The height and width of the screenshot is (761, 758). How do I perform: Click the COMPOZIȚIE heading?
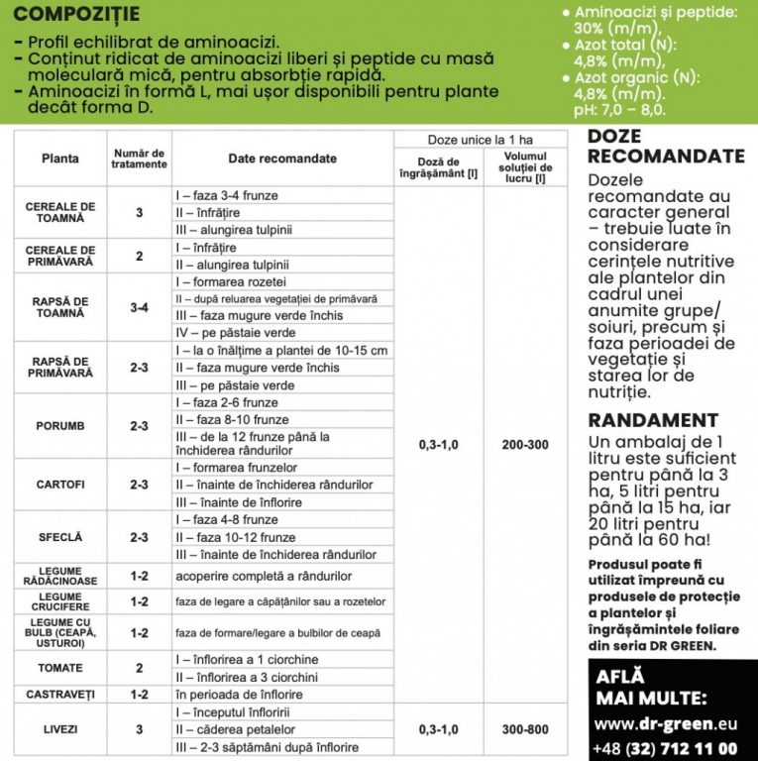click(78, 15)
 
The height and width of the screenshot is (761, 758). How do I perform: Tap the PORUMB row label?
click(59, 426)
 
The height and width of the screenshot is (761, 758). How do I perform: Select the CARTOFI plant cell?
click(59, 485)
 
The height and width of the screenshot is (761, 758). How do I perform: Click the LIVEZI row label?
click(59, 729)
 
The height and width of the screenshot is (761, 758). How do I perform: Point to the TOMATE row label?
click(59, 668)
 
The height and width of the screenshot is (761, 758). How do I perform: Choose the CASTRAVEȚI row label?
click(59, 694)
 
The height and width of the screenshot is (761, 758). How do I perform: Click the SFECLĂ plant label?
click(59, 537)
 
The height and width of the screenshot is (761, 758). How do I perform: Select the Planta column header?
click(60, 159)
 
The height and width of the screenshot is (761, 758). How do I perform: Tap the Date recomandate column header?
click(282, 159)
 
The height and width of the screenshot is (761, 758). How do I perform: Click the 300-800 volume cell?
click(524, 729)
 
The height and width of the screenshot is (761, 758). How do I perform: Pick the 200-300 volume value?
click(524, 445)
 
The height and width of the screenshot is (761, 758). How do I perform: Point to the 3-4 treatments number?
click(139, 307)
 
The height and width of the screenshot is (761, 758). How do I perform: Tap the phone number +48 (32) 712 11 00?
click(665, 749)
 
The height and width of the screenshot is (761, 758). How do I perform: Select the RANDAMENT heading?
click(652, 420)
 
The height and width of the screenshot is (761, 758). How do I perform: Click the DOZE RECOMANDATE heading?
click(665, 146)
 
